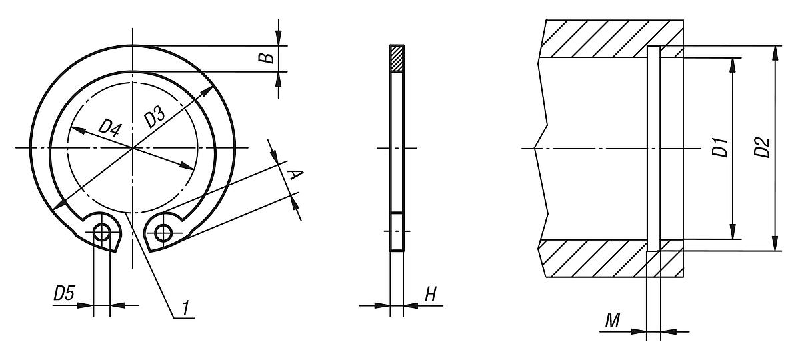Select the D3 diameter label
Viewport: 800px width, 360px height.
(x=155, y=117)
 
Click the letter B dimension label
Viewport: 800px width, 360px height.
(x=266, y=57)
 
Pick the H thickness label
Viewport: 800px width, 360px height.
(x=430, y=294)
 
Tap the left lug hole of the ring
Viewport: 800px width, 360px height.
(x=101, y=232)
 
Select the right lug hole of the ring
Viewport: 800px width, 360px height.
(x=163, y=232)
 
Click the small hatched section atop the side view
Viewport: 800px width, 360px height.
(x=397, y=59)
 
